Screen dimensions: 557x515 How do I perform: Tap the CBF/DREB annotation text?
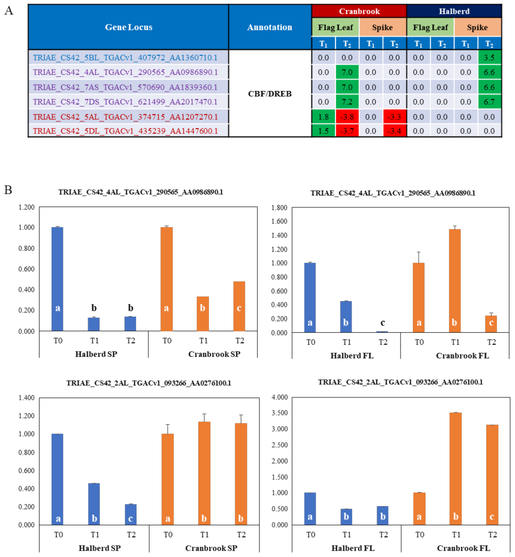(269, 94)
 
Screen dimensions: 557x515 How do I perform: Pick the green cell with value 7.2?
(347, 102)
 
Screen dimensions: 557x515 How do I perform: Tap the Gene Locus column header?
(128, 27)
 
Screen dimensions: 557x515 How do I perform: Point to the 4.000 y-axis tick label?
(279, 397)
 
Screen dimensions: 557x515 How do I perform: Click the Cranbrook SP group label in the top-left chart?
(214, 354)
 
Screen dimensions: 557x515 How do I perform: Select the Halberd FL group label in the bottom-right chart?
(353, 548)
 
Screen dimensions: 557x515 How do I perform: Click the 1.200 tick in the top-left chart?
(27, 207)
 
